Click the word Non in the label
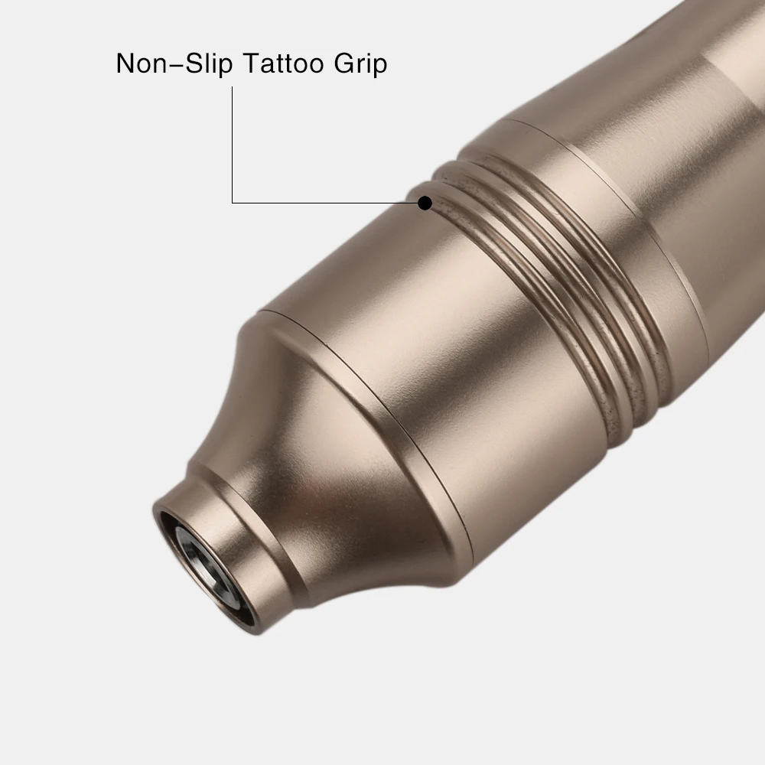coord(142,63)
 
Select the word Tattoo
coord(282,63)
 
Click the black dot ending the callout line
coord(425,203)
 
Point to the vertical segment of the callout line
coord(232,145)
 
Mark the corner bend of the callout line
coord(232,203)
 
